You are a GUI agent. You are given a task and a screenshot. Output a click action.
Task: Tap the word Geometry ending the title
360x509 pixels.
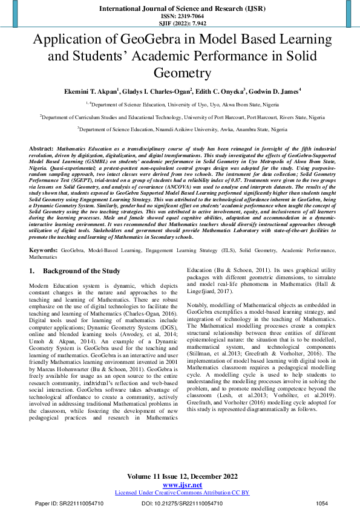pos(180,73)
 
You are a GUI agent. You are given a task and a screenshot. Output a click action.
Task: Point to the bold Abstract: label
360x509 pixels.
pos(41,148)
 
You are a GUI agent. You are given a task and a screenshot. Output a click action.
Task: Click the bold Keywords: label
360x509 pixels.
pos(42,248)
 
